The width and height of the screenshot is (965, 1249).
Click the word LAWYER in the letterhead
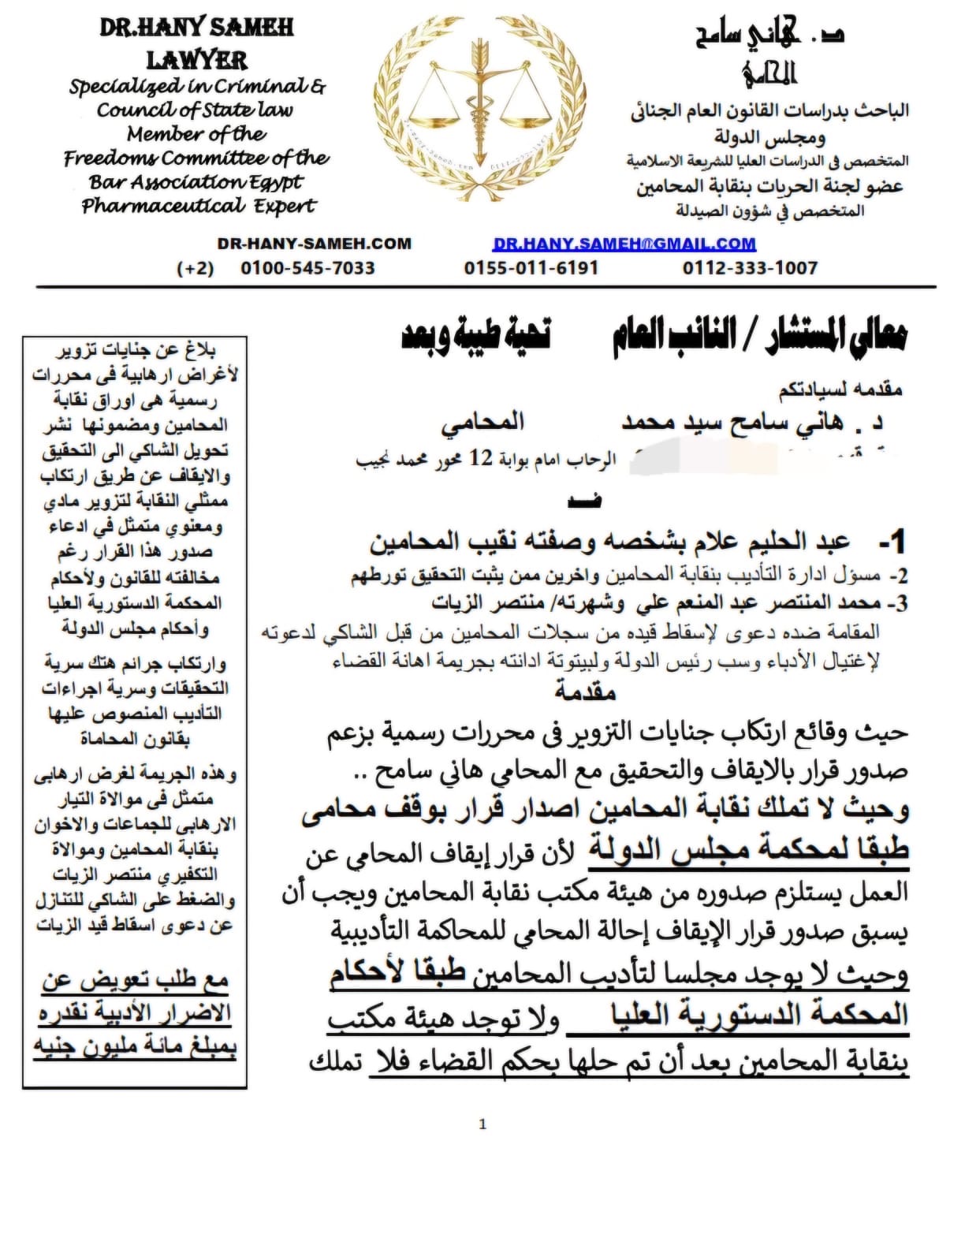pyautogui.click(x=196, y=60)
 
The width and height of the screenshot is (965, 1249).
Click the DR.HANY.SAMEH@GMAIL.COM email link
pyautogui.click(x=624, y=244)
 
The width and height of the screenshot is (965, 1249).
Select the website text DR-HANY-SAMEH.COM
pyautogui.click(x=314, y=244)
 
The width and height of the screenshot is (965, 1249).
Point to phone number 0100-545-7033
pyautogui.click(x=307, y=268)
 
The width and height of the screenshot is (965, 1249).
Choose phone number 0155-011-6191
pyautogui.click(x=531, y=268)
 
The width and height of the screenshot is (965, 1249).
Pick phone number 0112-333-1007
pyautogui.click(x=750, y=268)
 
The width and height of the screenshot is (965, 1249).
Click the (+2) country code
pyautogui.click(x=196, y=268)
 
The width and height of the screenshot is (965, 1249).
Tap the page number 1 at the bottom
pyautogui.click(x=482, y=1124)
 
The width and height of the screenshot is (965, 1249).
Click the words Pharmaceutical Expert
pyautogui.click(x=198, y=207)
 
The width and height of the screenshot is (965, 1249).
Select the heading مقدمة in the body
pyautogui.click(x=585, y=692)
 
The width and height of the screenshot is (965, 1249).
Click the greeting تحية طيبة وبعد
pyautogui.click(x=476, y=335)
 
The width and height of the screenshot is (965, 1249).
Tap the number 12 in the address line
pyautogui.click(x=481, y=457)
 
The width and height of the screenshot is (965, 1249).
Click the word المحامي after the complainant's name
pyautogui.click(x=482, y=423)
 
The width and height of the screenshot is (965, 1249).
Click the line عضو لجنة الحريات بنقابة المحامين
pyautogui.click(x=769, y=187)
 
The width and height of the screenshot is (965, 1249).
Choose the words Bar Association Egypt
pyautogui.click(x=196, y=182)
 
